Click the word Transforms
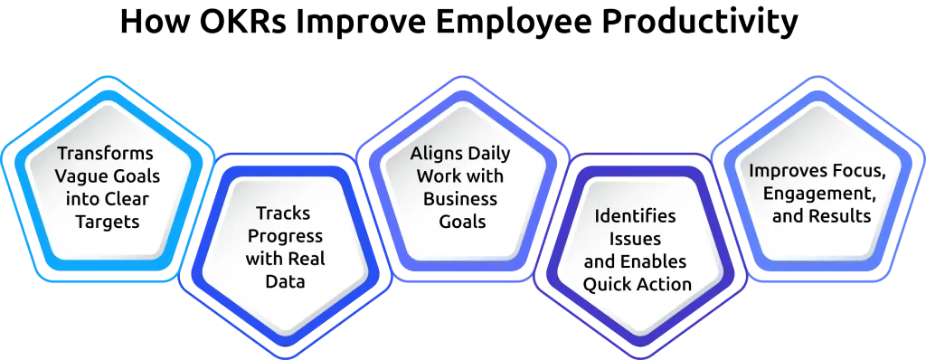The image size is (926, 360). pos(105,153)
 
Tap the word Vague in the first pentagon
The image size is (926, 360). pos(78,175)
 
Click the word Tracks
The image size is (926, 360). pos(283,213)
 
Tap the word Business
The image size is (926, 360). pos(460,198)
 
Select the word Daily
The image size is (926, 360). pos(488,153)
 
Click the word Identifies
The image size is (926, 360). pos(635,216)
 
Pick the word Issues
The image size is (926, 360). pos(635,239)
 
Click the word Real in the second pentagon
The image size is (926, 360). pos(307,260)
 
